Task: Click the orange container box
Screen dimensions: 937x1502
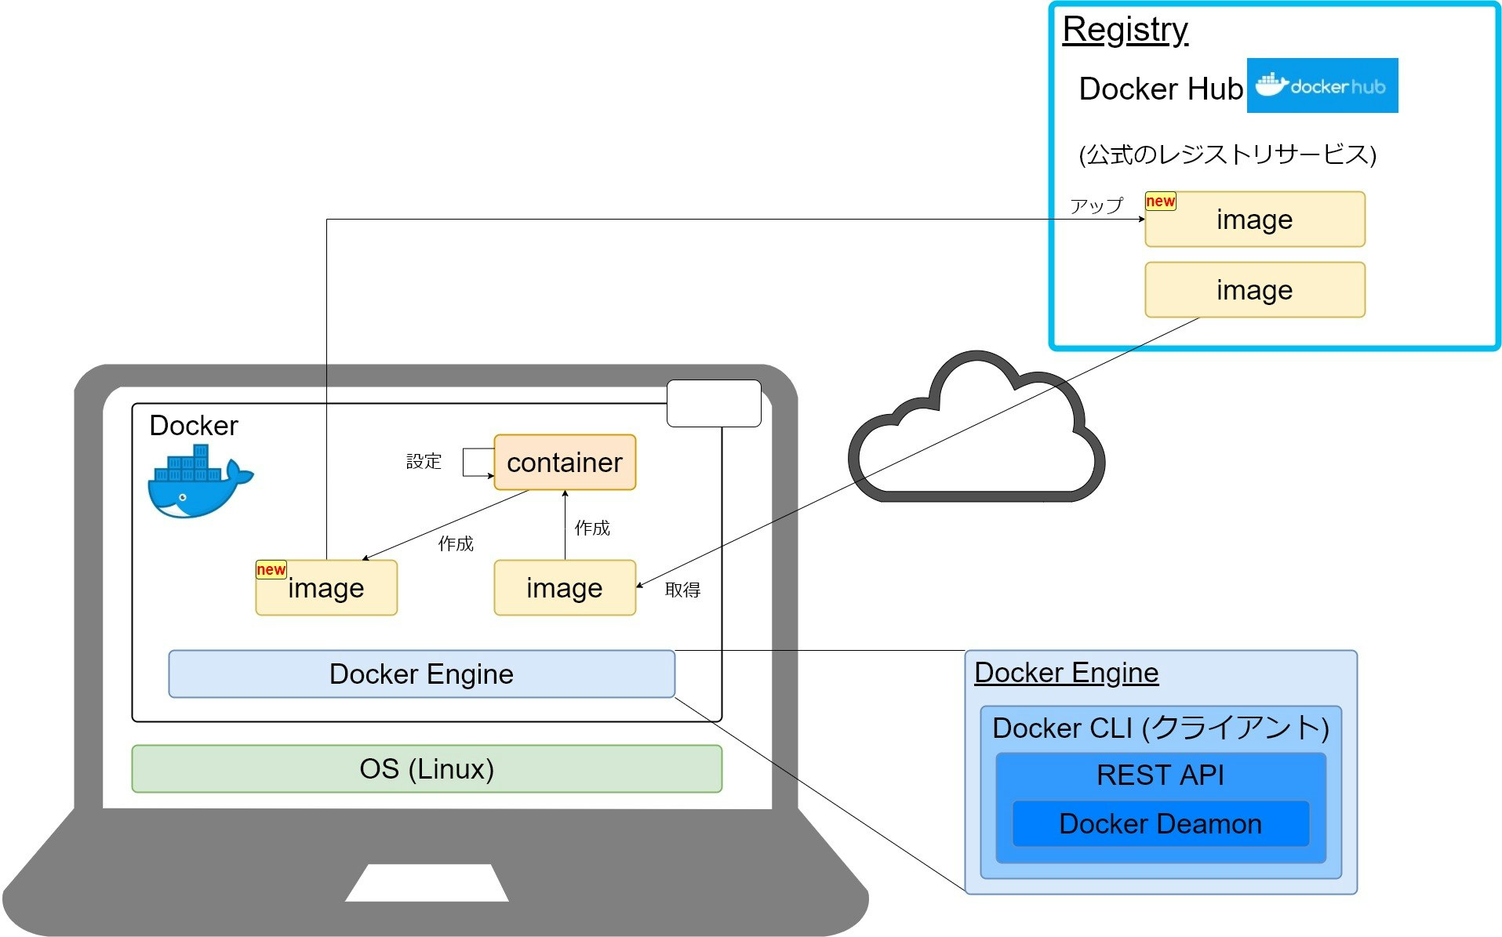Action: (564, 462)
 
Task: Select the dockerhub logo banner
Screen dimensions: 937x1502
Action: (1322, 85)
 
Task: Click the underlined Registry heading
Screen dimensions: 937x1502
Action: (1125, 30)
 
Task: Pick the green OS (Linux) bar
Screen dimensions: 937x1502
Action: (426, 768)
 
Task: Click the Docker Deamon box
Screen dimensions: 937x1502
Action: (1160, 823)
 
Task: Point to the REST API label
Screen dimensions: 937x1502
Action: (1160, 775)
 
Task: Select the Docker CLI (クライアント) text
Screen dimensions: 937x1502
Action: (1160, 728)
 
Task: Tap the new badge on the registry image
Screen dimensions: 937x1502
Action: (1160, 201)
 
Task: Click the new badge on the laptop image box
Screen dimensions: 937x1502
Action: (271, 569)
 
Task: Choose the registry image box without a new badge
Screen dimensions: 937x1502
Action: (1254, 290)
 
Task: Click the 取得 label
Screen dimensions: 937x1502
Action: (682, 590)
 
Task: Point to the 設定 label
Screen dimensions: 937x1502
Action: (424, 461)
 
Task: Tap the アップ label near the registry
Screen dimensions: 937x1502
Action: (1096, 205)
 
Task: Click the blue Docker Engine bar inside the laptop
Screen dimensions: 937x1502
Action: (421, 674)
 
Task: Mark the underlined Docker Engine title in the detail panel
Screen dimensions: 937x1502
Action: (1066, 673)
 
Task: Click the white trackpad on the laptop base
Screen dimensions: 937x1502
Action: (427, 883)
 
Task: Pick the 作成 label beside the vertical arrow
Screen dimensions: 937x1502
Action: (592, 528)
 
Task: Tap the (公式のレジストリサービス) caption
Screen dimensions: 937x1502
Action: (1227, 154)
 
